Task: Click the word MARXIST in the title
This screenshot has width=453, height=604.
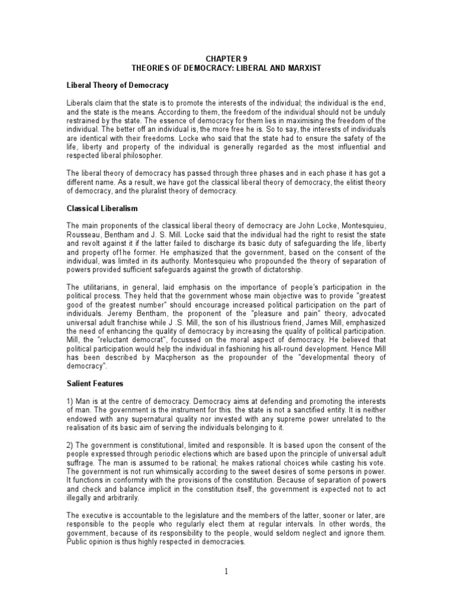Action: click(x=300, y=68)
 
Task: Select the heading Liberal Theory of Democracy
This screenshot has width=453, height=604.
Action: click(x=117, y=86)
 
